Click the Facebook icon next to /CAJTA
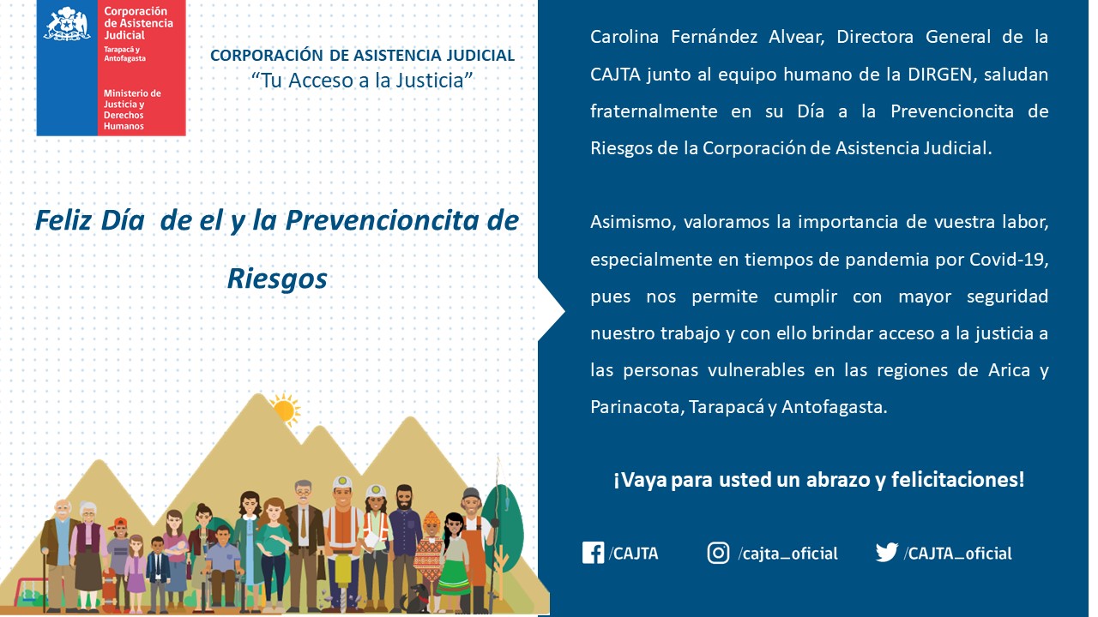[593, 553]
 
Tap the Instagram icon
[718, 553]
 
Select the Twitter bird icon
[887, 553]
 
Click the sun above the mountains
[283, 410]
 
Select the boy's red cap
[119, 523]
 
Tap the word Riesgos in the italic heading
[277, 279]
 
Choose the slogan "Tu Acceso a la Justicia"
[362, 80]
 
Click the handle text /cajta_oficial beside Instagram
[787, 554]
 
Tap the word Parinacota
[635, 407]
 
